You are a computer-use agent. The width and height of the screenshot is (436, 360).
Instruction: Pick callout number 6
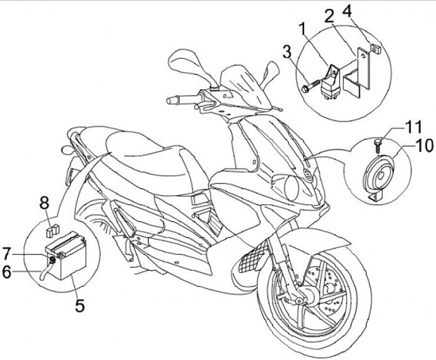click(7, 272)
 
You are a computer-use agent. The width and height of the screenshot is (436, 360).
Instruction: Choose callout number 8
click(45, 203)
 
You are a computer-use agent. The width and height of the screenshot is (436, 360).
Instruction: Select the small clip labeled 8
click(53, 230)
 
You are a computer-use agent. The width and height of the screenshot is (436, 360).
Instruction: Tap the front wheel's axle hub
click(300, 299)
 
